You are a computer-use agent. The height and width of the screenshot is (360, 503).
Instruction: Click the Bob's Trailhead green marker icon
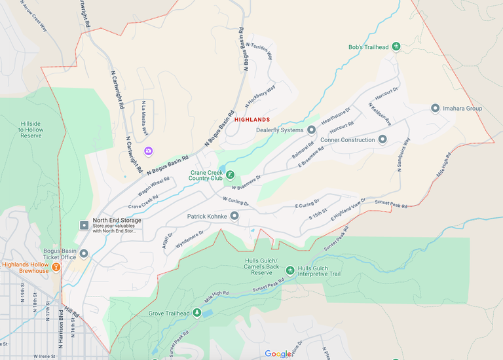click(396, 47)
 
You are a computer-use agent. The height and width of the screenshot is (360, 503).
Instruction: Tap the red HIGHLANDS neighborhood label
click(252, 120)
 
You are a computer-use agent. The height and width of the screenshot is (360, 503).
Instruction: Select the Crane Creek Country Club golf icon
click(230, 175)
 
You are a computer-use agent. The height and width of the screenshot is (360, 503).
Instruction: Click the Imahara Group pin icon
click(435, 108)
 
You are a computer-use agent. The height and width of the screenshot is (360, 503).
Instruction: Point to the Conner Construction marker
click(382, 139)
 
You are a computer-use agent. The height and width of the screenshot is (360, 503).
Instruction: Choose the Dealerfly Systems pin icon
click(311, 130)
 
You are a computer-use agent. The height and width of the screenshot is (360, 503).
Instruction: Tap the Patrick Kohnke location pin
click(234, 215)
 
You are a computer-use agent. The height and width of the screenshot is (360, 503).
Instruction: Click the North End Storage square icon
click(84, 225)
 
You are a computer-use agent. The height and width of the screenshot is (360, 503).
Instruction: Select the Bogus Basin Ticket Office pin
click(84, 253)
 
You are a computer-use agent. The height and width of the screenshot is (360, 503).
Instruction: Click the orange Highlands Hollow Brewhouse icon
click(56, 266)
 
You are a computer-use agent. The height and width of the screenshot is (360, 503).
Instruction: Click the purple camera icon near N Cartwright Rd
click(149, 151)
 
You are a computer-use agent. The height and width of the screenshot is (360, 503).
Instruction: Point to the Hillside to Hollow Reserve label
click(31, 129)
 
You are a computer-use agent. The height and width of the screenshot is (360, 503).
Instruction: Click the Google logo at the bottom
click(278, 354)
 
